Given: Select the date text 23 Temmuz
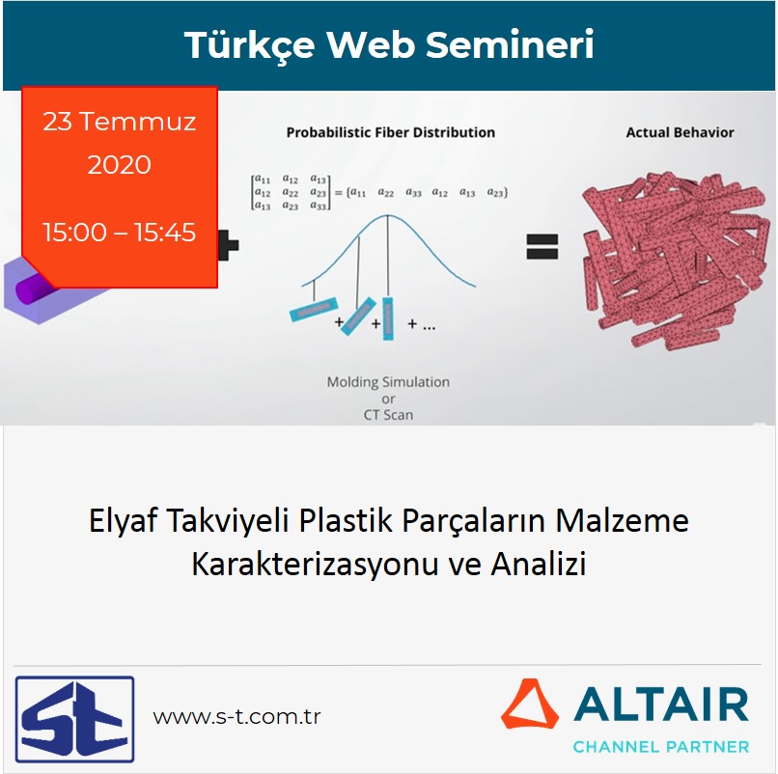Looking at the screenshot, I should (120, 123).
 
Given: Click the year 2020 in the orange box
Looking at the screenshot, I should (120, 165).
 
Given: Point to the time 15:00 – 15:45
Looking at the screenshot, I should (120, 233).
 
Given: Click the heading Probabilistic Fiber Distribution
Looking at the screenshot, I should (390, 132).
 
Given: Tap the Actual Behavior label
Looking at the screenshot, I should (680, 132).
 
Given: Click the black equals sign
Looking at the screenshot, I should (542, 247).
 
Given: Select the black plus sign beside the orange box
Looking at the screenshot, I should (229, 246).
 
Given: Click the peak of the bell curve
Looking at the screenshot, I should (389, 216).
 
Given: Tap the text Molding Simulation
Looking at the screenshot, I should (388, 382).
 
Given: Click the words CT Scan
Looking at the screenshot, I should (388, 415).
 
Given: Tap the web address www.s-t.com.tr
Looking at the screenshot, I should (236, 717).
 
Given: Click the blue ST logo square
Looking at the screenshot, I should (74, 719).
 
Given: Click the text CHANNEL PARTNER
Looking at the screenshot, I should (660, 746).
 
